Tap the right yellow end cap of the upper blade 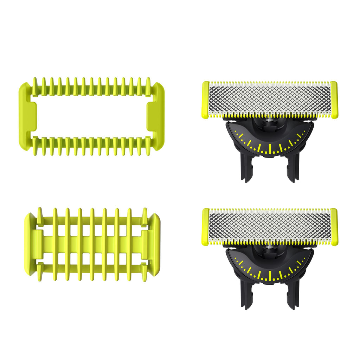click(x=334, y=99)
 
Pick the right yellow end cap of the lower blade click(x=334, y=226)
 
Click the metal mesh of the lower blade click(x=270, y=226)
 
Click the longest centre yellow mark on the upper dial click(x=270, y=148)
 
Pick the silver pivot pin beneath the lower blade click(x=270, y=247)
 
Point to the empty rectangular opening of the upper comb click(x=91, y=116)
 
